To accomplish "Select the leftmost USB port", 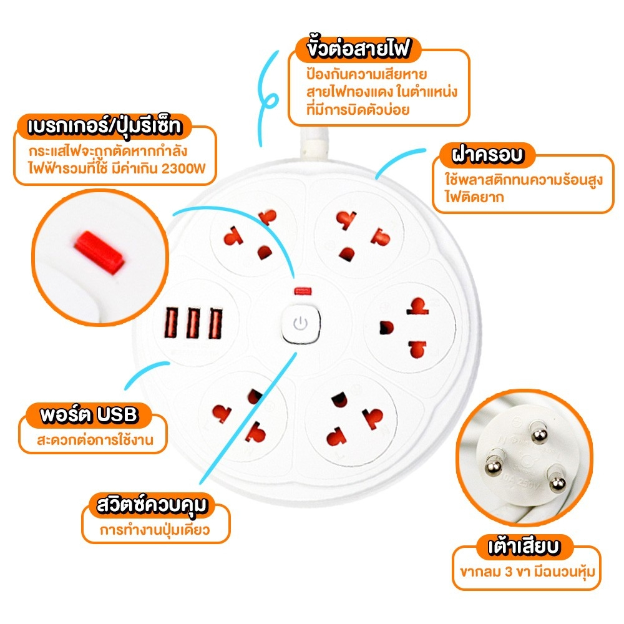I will [x=172, y=324].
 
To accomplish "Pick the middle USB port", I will [x=193, y=324].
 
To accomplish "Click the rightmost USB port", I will [x=215, y=324].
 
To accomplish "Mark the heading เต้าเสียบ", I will [x=524, y=547].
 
